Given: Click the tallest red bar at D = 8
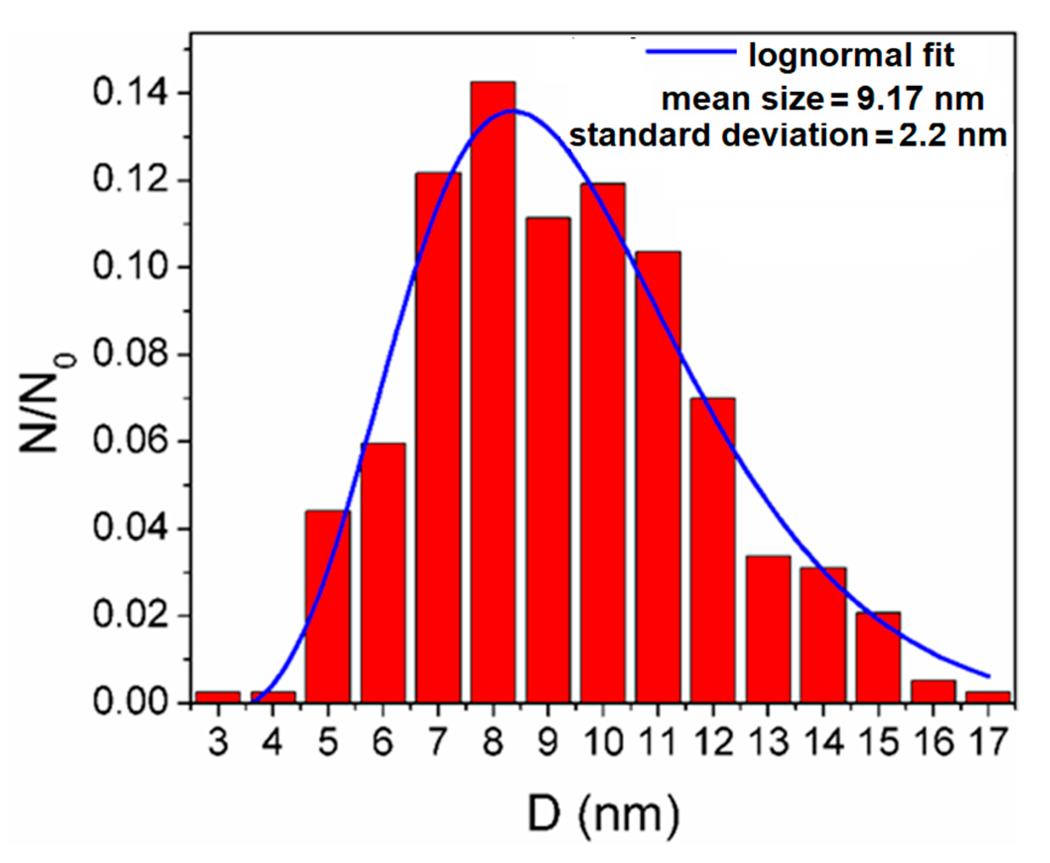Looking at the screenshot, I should coord(493,393).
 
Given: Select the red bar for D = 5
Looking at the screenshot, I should coord(328,607).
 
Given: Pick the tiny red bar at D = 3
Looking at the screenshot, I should coord(218,697).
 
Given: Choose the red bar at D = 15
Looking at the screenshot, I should coord(878,657).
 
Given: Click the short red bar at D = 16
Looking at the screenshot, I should coord(933,691).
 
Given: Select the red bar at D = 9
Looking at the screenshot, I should coord(548,460).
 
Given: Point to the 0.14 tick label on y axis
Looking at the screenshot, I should coord(130,94).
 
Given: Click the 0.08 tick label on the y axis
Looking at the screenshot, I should coord(130,355).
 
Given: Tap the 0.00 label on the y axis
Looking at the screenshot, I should coord(130,702).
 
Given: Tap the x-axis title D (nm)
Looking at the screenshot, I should coord(603,814).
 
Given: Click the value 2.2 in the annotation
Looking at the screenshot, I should coord(921,135).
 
